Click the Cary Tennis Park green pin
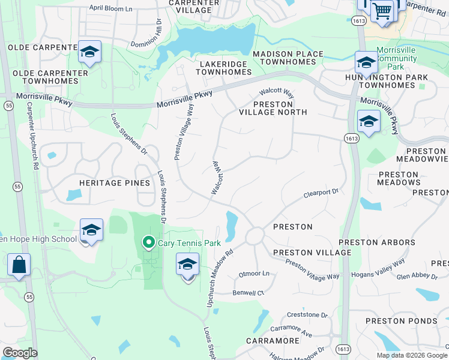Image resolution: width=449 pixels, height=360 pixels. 147,242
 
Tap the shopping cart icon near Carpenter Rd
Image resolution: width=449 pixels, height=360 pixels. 382,10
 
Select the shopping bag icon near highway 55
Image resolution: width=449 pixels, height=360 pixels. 19,265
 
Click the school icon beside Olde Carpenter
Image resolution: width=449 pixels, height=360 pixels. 89,53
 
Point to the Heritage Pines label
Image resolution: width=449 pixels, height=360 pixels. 115,182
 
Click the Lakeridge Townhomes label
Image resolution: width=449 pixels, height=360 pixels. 224,67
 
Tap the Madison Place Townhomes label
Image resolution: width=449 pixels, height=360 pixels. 288,58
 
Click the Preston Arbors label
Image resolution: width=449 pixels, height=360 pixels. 377,242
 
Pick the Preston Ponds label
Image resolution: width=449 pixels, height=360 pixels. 402,321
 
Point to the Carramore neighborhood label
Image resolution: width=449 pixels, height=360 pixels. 273,341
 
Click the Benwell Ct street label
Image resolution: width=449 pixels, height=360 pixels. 249,293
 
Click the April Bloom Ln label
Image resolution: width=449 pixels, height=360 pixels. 110,8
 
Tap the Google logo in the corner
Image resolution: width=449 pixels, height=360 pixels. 20,353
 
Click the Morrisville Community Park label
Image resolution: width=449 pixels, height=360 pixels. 396,58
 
